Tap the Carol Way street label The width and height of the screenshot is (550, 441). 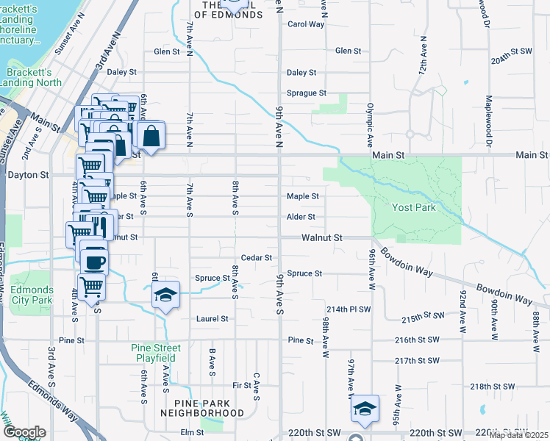click(305, 24)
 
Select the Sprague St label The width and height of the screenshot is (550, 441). click(306, 93)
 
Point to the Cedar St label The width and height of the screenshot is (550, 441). click(257, 258)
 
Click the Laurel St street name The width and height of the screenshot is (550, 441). click(213, 319)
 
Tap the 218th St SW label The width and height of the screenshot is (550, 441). click(490, 386)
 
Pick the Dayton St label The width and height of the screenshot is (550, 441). click(27, 176)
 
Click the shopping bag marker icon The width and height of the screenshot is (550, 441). click(151, 136)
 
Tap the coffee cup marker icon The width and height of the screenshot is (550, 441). click(93, 261)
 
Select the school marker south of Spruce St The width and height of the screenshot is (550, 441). click(165, 295)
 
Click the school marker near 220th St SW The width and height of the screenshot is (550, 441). click(363, 409)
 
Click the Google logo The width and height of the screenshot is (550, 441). click(24, 432)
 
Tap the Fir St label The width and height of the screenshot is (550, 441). click(241, 385)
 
